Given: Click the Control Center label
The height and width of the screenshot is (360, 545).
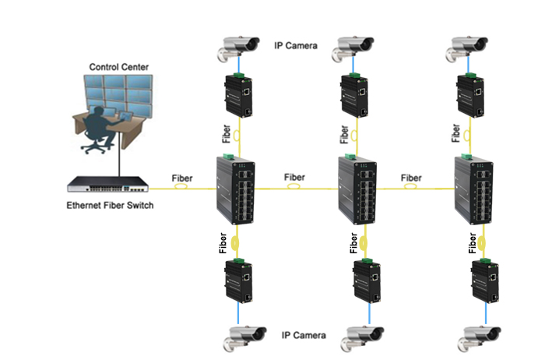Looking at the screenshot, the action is [118, 67].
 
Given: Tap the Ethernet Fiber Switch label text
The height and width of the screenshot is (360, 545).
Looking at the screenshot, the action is [110, 205].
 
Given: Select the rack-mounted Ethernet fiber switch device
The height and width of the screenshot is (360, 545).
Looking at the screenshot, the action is [107, 184].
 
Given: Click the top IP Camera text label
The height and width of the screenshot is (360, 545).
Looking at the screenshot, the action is [295, 45].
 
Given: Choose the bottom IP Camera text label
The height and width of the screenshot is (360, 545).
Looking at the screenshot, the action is [304, 335].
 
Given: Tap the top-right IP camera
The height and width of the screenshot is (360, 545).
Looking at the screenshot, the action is [467, 48].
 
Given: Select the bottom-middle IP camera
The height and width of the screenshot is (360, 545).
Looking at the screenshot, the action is [362, 339].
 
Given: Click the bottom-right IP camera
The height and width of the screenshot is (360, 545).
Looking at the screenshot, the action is [480, 339].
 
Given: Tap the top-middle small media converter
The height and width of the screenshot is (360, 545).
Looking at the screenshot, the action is [354, 95].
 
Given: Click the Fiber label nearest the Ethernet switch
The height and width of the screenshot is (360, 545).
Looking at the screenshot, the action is [181, 178].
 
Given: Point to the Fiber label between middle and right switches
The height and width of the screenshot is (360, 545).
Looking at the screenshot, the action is [411, 178].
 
